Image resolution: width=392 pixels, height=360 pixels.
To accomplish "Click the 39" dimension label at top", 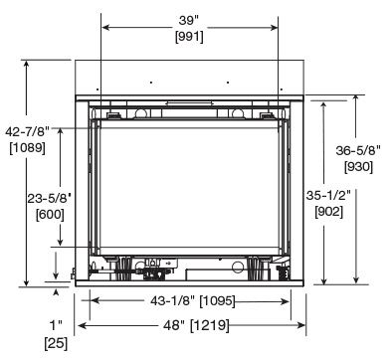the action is [188, 20].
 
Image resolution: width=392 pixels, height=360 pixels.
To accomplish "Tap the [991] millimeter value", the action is [189, 36].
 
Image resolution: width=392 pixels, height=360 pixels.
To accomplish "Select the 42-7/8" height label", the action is [27, 131].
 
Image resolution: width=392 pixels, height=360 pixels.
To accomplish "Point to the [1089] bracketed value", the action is [27, 147].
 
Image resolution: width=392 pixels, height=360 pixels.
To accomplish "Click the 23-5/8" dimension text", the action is [50, 199].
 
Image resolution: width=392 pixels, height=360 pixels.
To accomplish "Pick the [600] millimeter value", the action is [50, 215].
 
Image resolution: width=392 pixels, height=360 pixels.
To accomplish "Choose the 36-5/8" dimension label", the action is [358, 150].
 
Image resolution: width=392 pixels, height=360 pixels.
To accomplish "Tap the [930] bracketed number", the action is [358, 166].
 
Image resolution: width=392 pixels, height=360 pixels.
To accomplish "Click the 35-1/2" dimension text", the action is [328, 195].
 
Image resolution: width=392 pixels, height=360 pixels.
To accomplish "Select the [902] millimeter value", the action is [328, 211].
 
